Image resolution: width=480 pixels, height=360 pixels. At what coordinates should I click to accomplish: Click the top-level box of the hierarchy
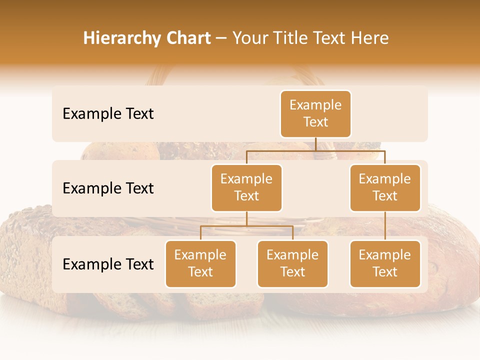[x=315, y=114]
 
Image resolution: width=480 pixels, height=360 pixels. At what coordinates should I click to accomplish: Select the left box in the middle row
[x=246, y=188]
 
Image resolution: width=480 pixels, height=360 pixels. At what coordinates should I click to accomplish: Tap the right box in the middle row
[x=385, y=188]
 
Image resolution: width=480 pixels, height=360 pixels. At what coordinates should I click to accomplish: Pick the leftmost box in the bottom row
[x=200, y=264]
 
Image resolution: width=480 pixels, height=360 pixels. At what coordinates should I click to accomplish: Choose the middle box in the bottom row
[x=292, y=264]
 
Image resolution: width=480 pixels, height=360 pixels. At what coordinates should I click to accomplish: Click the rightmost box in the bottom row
[x=385, y=264]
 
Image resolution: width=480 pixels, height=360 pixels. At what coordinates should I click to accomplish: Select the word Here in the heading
[x=369, y=38]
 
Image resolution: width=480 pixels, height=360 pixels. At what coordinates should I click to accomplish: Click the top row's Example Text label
[x=108, y=114]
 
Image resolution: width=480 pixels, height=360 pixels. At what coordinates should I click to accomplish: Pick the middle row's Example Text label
[x=108, y=188]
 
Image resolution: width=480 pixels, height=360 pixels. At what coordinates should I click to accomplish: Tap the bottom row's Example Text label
[x=108, y=264]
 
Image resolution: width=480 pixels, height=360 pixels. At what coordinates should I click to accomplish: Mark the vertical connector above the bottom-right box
[x=385, y=226]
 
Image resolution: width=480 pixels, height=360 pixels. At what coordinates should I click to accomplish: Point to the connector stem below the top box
[x=315, y=144]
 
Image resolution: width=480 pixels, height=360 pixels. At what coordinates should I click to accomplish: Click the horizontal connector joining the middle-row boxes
[x=315, y=150]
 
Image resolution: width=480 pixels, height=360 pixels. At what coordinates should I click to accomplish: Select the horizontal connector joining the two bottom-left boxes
[x=246, y=226]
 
